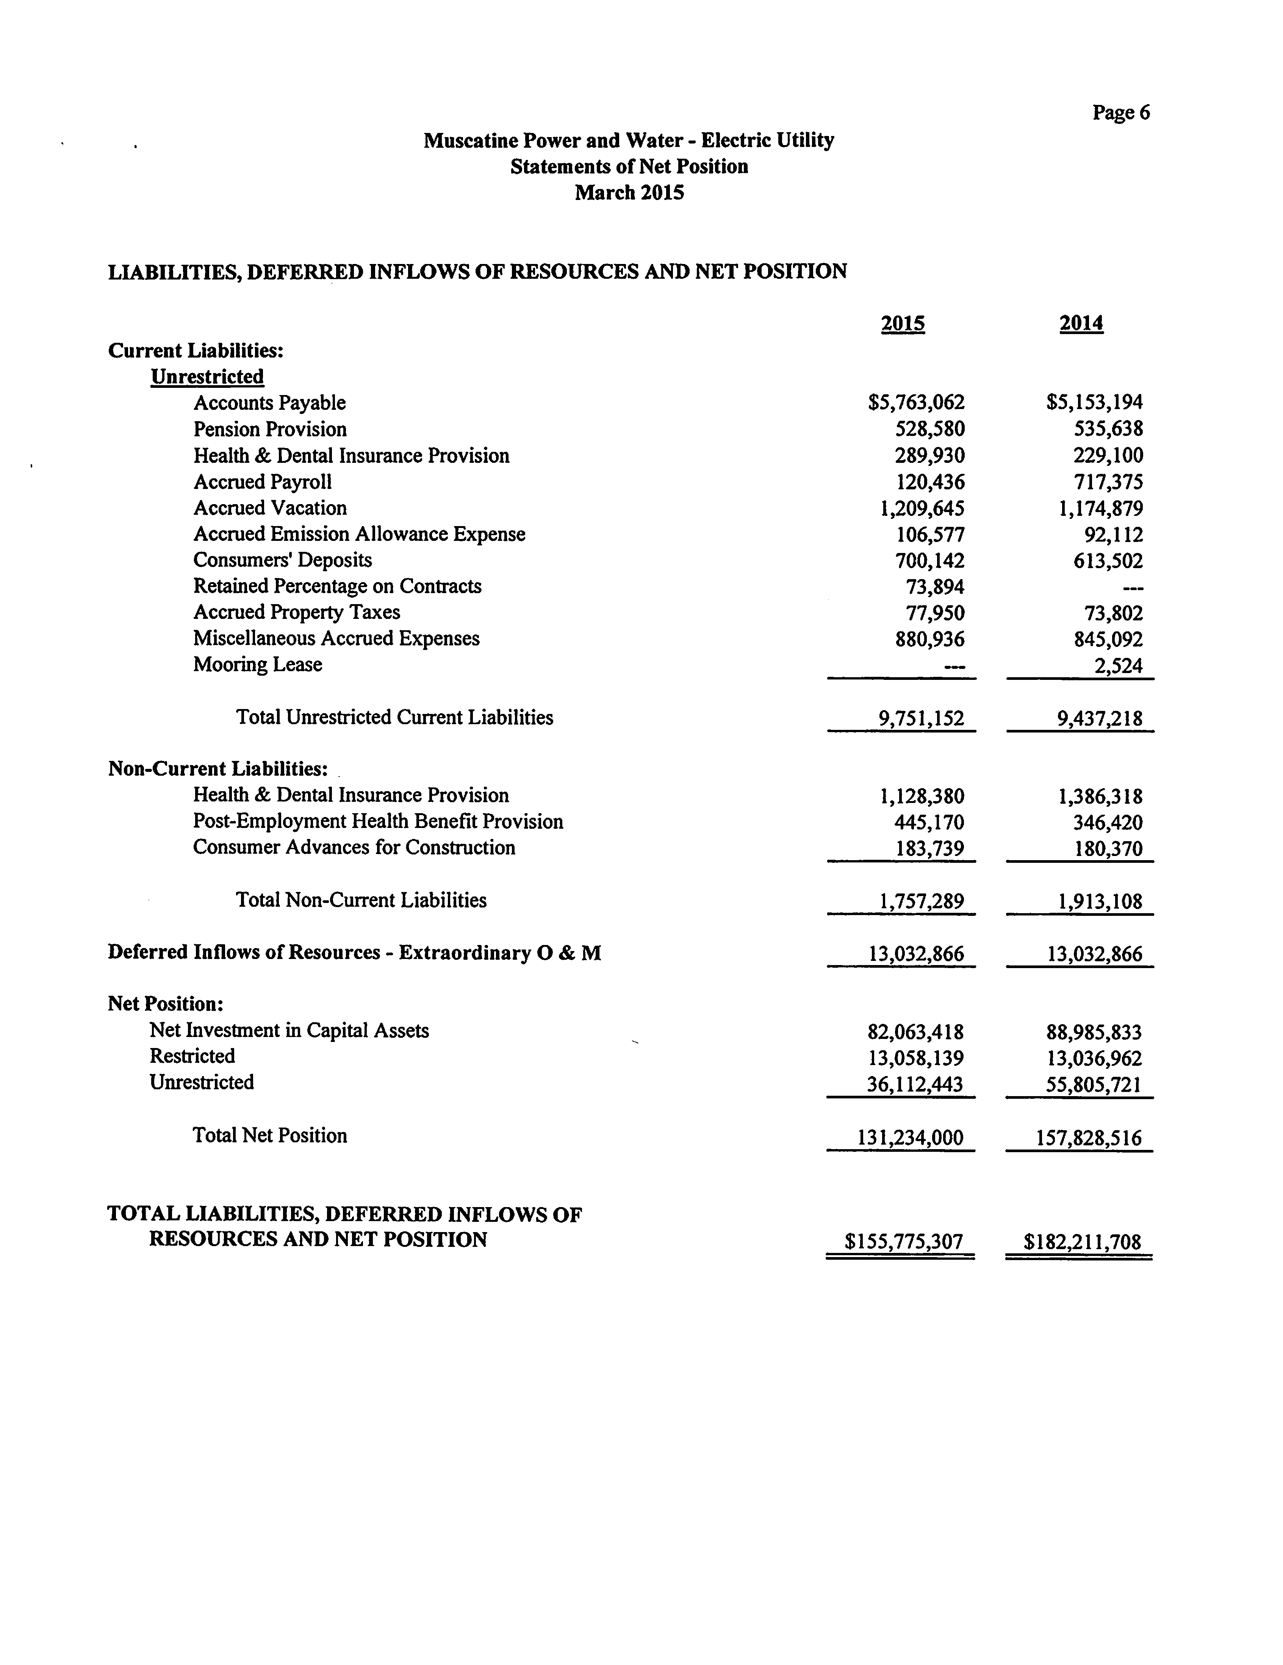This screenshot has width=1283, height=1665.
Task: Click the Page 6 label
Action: click(1120, 113)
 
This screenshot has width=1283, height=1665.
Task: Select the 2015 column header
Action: click(902, 323)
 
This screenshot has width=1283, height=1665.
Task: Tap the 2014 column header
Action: click(1081, 323)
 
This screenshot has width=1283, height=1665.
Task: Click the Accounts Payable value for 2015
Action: click(916, 403)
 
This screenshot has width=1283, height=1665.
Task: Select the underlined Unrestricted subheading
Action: click(208, 376)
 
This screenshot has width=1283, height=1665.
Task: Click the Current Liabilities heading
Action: click(196, 351)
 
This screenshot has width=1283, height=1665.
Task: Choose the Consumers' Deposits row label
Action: click(282, 560)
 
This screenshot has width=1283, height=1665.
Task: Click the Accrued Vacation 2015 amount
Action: click(922, 509)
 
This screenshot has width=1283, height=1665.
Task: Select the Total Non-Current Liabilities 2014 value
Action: click(1100, 902)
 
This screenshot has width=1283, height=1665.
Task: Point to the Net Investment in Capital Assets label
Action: click(289, 1031)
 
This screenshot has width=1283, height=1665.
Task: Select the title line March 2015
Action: click(629, 193)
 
